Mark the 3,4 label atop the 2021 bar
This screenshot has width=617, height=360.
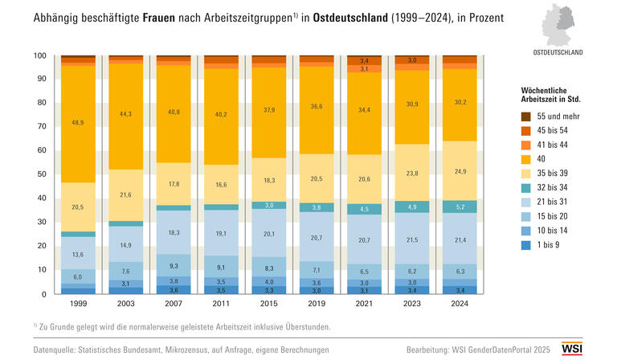364,60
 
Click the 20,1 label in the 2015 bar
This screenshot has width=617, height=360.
269,235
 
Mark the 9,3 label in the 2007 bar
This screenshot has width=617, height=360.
174,265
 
